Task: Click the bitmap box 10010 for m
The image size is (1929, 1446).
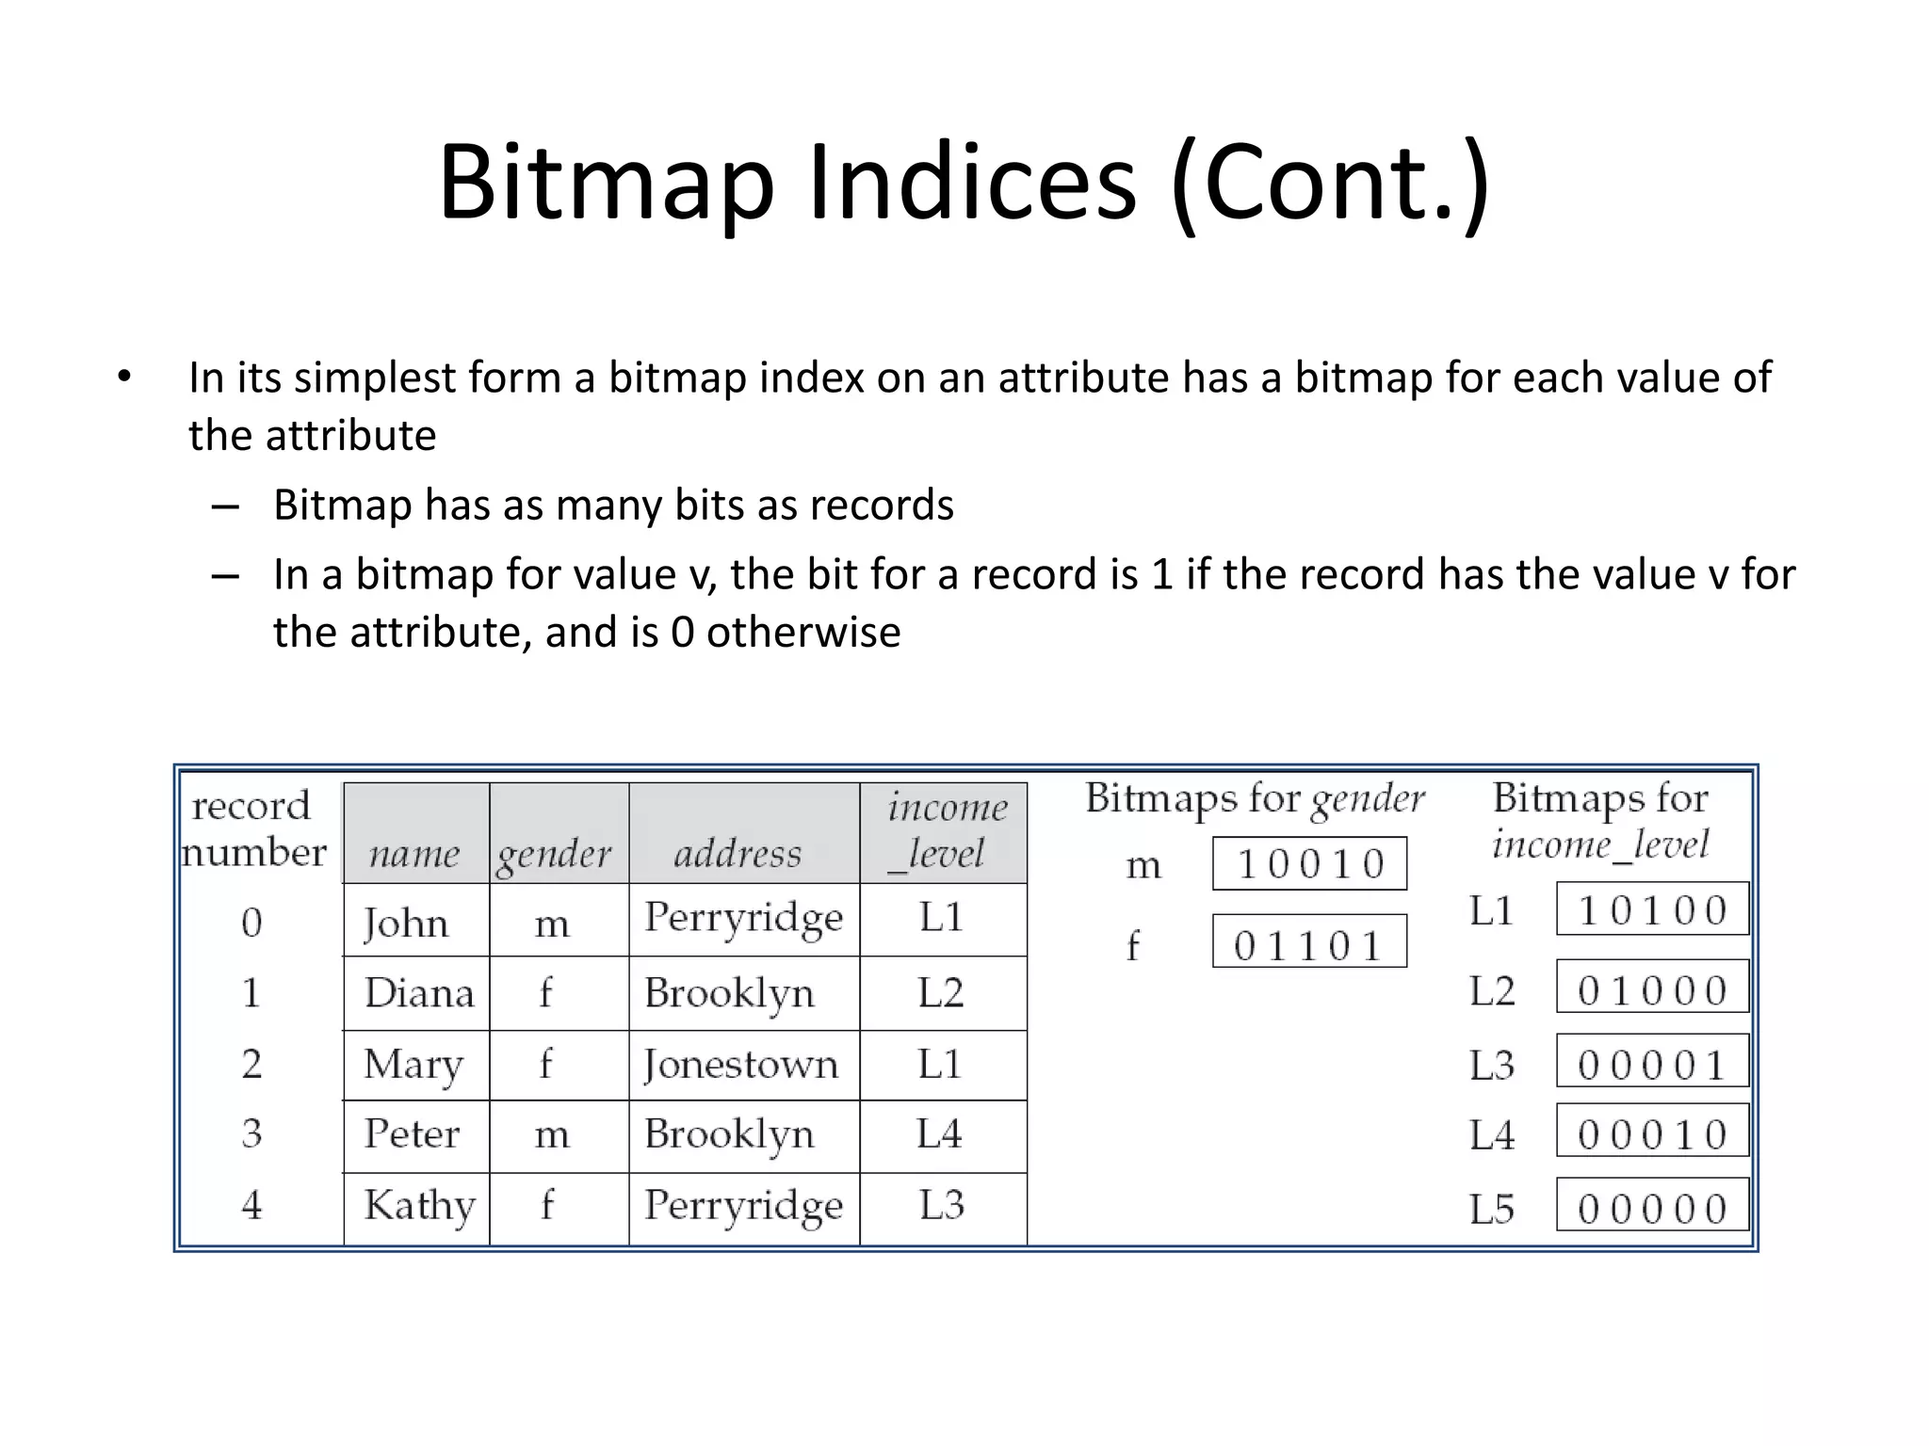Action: [1309, 864]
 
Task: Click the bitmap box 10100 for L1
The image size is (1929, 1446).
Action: [1652, 909]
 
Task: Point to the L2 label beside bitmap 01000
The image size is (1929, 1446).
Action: [1492, 991]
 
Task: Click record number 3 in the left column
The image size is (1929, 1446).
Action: [251, 1133]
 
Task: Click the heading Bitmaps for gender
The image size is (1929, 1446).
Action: [1255, 799]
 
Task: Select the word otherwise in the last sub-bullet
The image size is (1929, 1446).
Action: [802, 632]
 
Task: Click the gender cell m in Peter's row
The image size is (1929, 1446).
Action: [552, 1135]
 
